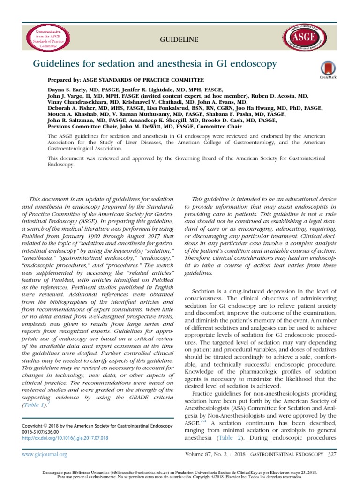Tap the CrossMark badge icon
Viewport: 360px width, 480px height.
coord(324,69)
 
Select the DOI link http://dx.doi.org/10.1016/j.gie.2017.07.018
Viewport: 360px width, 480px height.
coord(65,438)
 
